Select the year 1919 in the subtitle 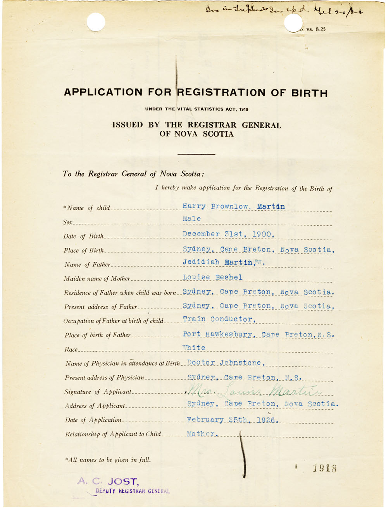(243, 109)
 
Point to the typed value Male (192, 219)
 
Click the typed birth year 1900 (263, 234)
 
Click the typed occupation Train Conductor (219, 319)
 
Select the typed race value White (194, 348)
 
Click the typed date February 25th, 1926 (233, 420)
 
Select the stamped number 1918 (325, 469)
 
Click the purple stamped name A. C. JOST (107, 481)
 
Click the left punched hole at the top (96, 22)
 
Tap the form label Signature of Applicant (98, 392)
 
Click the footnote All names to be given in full (108, 460)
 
